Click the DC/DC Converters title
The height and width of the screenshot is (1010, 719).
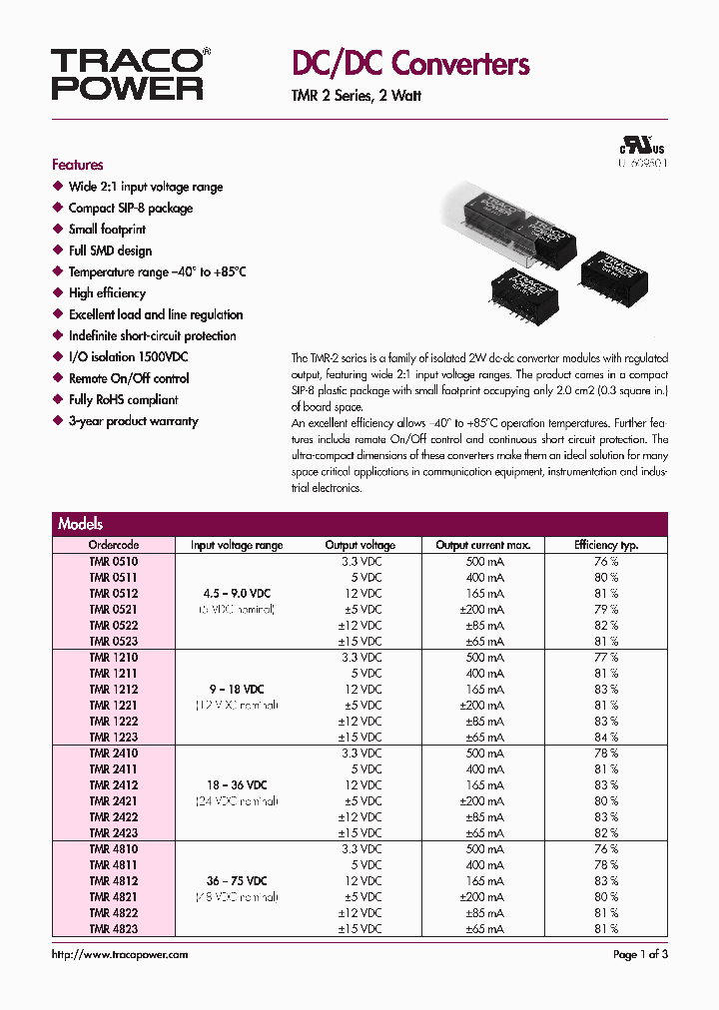coord(409,64)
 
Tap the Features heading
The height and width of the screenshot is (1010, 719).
coord(78,165)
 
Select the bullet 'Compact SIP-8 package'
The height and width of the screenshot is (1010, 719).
coord(130,209)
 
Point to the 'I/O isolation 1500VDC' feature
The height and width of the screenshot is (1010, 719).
coord(128,357)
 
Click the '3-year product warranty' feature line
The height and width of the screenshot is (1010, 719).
coord(133,421)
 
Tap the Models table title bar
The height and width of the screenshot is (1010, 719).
coord(359,524)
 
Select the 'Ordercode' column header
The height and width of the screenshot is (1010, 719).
coord(114,545)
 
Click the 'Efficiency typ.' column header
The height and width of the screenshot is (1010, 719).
coord(606,545)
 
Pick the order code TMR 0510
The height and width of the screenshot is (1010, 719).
coord(114,561)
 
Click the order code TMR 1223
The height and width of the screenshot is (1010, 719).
coord(114,737)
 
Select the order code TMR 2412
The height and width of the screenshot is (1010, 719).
coord(114,785)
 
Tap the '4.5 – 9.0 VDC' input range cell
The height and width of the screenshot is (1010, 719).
coord(237,593)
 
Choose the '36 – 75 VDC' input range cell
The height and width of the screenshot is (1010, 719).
coord(237,881)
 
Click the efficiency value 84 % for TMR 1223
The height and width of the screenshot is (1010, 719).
coord(606,737)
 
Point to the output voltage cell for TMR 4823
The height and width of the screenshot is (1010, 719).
coord(359,929)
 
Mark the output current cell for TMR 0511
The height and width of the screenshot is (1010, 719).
coord(484,577)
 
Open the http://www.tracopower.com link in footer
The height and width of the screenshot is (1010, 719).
coord(120,955)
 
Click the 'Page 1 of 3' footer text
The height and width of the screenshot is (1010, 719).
coord(639,955)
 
